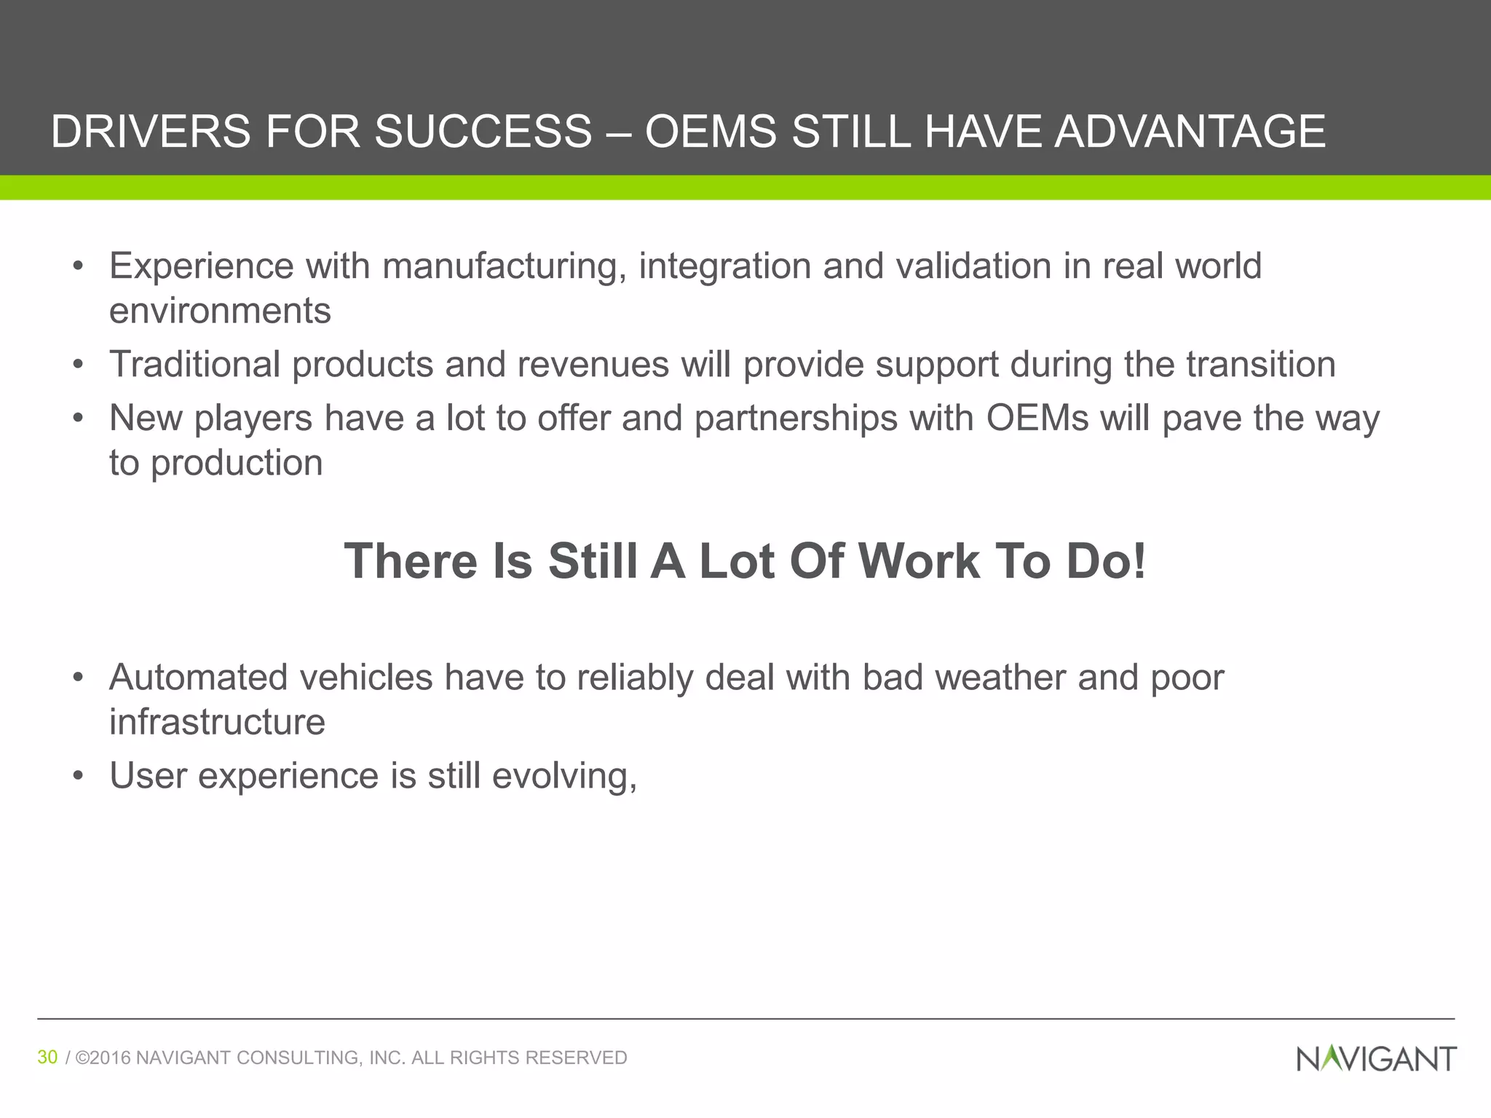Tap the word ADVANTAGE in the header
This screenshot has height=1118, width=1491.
pos(1190,132)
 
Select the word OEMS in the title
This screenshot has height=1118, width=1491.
pos(711,132)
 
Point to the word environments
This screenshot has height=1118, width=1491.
pos(220,311)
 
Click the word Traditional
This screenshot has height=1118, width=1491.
pos(194,364)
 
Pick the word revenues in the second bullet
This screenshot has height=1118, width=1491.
pos(593,364)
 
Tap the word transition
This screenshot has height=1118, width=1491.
pos(1261,364)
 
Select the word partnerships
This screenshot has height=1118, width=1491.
pos(796,419)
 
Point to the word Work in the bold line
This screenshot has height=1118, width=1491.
pos(919,561)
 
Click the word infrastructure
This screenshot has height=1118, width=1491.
pos(217,722)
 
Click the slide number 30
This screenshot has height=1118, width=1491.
pos(47,1057)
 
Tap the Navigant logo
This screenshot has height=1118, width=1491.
pos(1376,1058)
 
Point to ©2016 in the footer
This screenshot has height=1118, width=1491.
pos(103,1058)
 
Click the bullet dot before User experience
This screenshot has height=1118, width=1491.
pos(79,776)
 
